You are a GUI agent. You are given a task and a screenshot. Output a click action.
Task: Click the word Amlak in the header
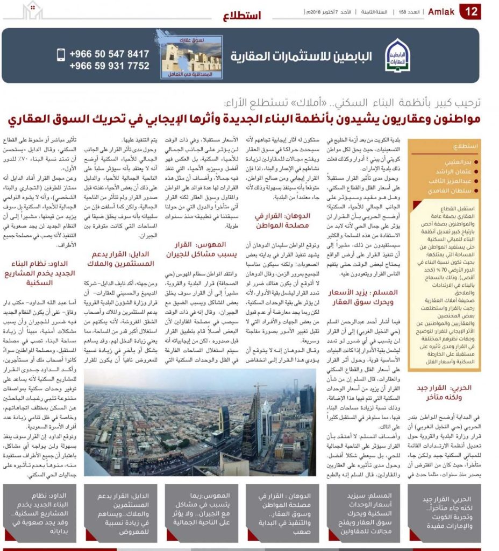point(441,12)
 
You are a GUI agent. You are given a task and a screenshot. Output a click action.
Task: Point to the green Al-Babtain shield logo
point(398,56)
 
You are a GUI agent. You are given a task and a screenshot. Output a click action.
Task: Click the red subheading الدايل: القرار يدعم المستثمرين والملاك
point(121,258)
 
